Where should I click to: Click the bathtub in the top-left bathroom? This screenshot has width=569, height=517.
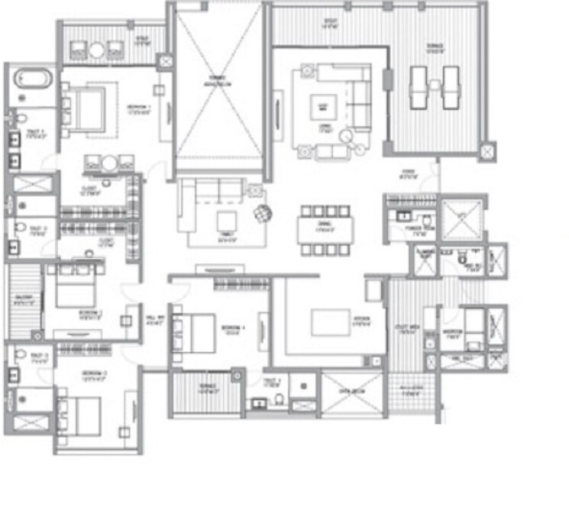point(31,79)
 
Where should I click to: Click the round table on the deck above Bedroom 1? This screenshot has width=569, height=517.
point(97,50)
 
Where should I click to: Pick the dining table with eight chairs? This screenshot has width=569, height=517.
point(326,228)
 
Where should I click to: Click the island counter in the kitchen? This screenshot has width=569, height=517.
point(330,322)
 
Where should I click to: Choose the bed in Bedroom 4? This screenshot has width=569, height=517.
point(196,331)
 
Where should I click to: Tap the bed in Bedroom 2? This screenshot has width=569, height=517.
point(71,290)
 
